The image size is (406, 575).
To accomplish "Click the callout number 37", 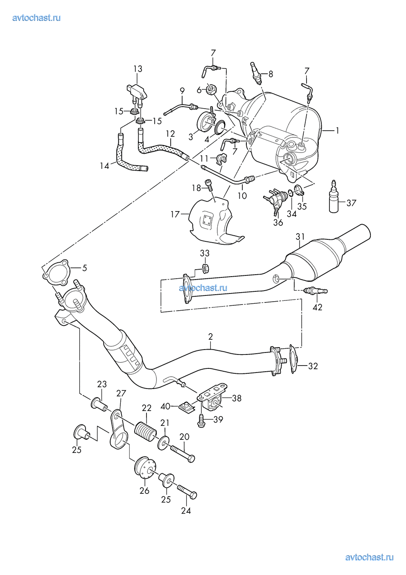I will [351, 202].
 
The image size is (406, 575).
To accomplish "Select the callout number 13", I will [138, 68].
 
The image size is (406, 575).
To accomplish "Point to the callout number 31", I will [300, 236].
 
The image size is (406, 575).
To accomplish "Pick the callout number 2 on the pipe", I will [210, 337].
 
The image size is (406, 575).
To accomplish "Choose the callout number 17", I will [175, 214].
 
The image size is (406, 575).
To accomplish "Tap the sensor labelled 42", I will [316, 291].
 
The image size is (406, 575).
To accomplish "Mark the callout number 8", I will [270, 74].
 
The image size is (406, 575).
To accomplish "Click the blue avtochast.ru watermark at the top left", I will [37, 18].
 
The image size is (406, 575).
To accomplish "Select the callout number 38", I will [236, 398].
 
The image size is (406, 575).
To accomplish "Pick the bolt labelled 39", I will [202, 421].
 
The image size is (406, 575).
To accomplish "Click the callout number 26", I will [144, 490].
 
